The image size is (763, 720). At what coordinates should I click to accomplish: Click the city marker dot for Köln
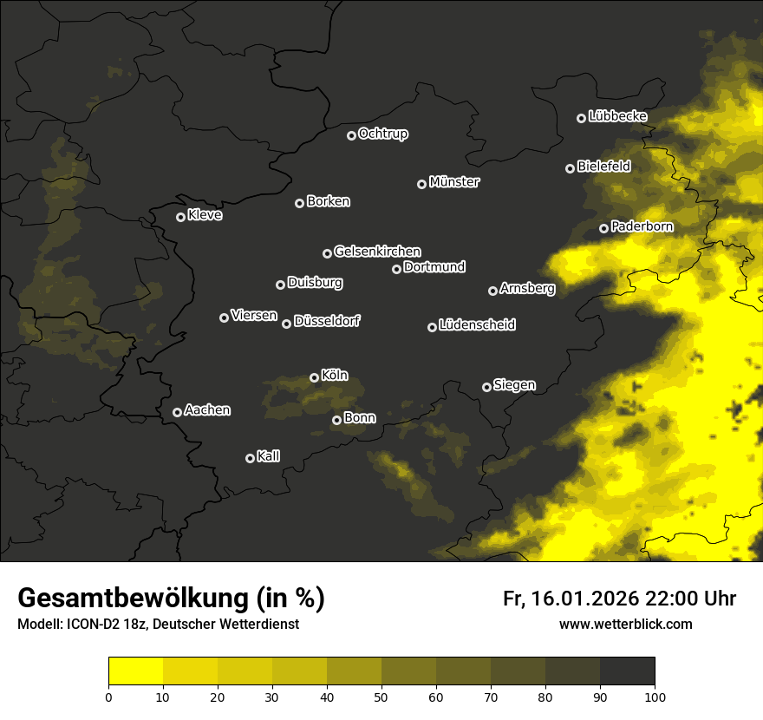click(x=314, y=377)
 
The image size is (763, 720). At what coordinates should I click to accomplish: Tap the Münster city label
click(x=453, y=182)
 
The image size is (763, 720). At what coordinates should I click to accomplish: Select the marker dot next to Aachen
click(x=177, y=412)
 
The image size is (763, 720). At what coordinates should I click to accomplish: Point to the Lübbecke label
click(x=617, y=116)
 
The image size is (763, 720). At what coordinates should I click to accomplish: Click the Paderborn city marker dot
click(x=603, y=228)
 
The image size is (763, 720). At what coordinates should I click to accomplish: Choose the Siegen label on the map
click(x=514, y=385)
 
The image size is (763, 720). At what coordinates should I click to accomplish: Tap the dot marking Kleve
click(x=180, y=217)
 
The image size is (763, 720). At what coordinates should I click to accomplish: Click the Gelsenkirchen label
click(x=377, y=252)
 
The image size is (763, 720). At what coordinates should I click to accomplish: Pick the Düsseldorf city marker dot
click(x=286, y=324)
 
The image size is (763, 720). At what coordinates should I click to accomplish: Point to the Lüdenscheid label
click(x=477, y=325)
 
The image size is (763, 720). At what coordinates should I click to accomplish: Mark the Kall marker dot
click(x=250, y=458)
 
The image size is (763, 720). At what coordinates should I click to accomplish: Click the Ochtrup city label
click(x=382, y=134)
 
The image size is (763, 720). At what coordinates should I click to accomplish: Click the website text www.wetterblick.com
click(x=625, y=624)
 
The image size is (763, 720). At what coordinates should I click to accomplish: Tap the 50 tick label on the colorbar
click(x=381, y=696)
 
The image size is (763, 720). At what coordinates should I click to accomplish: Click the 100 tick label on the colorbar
click(x=654, y=696)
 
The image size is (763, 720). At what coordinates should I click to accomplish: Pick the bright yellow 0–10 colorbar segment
click(x=135, y=671)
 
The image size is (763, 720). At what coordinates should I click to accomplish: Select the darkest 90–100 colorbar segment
click(x=627, y=671)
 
